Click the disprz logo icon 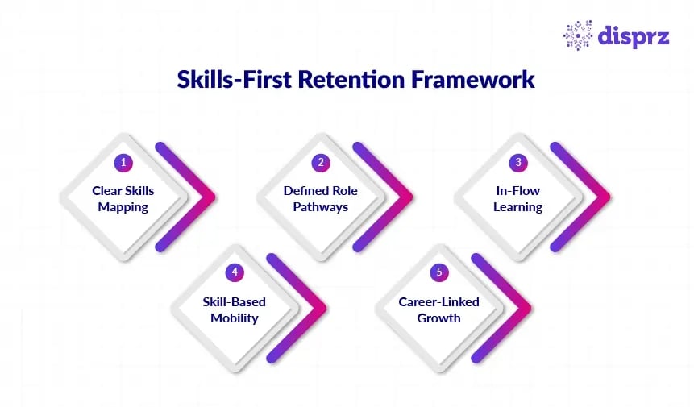tap(578, 35)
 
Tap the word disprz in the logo tap(634, 36)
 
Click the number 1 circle tap(123, 162)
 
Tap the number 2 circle tap(321, 162)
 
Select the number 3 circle tap(518, 162)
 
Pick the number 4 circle tap(235, 272)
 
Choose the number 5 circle tap(439, 272)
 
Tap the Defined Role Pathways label tap(321, 199)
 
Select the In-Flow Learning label tap(518, 199)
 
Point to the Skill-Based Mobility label tap(235, 309)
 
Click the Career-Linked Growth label tap(439, 309)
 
